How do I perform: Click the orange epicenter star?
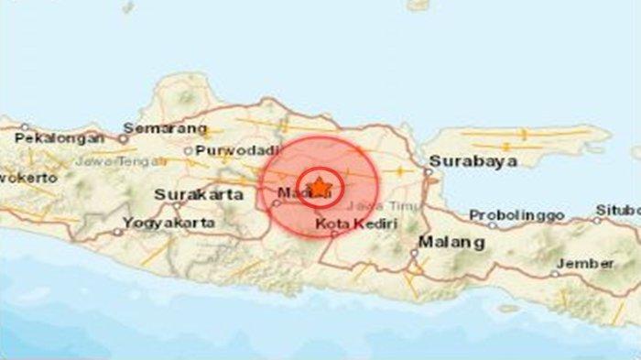(319, 188)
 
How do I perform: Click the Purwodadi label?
(231, 150)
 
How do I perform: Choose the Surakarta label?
(199, 194)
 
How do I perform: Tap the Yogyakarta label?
(170, 222)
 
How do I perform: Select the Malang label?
(451, 243)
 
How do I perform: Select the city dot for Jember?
(555, 272)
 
